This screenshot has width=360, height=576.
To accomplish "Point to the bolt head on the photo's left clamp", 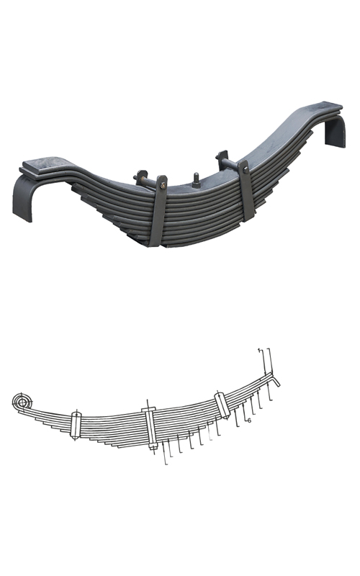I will coord(163,189).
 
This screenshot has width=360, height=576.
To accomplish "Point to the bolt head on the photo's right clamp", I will coord(245,170).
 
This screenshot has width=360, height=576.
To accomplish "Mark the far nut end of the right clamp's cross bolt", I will coord(222,156).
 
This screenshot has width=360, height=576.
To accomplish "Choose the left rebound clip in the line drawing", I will coord(76,426).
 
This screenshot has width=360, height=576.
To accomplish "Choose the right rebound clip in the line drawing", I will coord(222,405).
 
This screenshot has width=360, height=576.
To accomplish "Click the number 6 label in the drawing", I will coord(248,420).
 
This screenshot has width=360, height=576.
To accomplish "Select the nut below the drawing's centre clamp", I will coord(153,448).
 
